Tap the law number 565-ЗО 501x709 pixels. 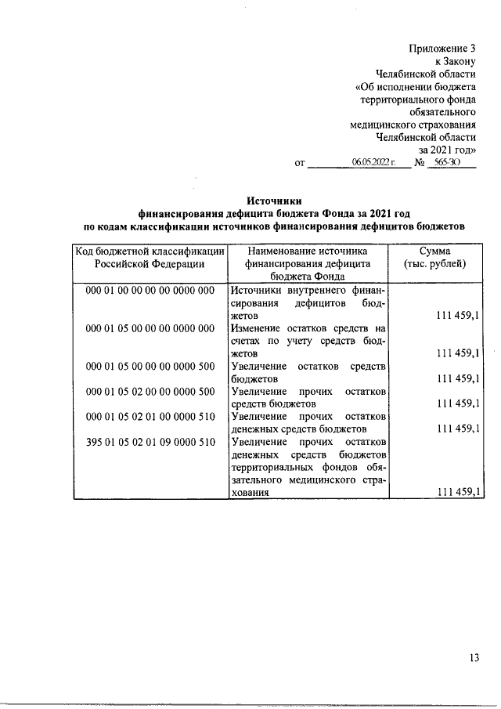(445, 162)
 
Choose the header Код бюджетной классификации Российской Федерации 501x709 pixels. (150, 257)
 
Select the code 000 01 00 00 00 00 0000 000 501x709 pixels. (150, 290)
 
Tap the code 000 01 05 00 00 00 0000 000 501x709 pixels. (150, 328)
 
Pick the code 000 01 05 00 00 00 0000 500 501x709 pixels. (150, 366)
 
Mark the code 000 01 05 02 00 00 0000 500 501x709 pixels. (150, 391)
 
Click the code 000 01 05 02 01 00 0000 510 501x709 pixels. (150, 417)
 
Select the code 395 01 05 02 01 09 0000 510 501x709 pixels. (150, 442)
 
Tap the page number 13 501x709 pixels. (474, 658)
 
